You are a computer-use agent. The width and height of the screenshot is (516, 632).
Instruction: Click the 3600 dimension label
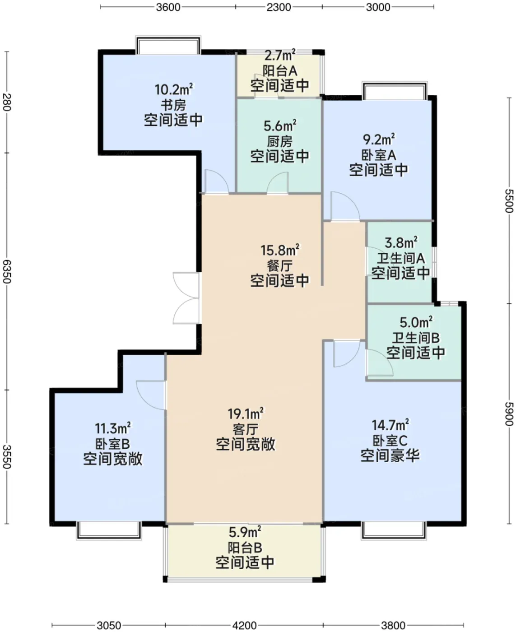click(x=168, y=7)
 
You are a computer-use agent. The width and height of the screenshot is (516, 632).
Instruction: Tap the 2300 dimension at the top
click(x=279, y=7)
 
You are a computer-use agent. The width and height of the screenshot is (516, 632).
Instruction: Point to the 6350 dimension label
click(x=7, y=271)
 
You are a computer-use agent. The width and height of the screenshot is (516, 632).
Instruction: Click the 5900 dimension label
click(x=509, y=414)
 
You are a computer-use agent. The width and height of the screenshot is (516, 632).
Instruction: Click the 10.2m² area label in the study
click(x=174, y=89)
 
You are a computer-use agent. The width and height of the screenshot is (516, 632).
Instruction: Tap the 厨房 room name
click(x=279, y=141)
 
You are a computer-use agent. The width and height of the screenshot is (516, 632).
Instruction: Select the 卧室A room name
click(x=379, y=155)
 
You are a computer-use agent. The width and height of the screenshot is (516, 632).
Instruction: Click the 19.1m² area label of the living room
click(x=246, y=414)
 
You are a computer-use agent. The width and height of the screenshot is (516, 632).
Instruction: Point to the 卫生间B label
click(x=416, y=338)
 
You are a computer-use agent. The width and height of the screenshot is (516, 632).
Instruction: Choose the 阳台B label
click(x=245, y=548)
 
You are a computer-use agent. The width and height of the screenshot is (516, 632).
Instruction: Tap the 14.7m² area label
click(x=390, y=425)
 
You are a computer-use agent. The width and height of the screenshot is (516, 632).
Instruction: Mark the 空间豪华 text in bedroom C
click(x=390, y=455)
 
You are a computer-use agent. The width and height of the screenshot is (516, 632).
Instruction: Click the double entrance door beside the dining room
click(x=186, y=298)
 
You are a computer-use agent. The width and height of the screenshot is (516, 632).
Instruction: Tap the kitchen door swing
click(x=278, y=183)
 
